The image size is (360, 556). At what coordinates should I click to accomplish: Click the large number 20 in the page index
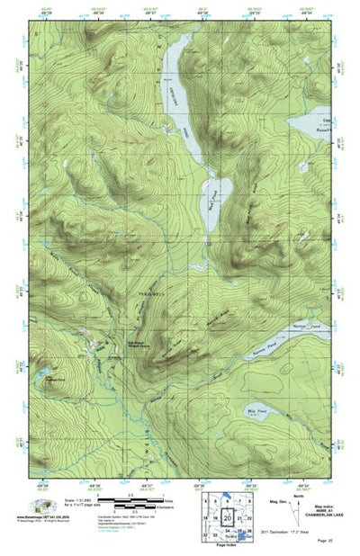click(229, 518)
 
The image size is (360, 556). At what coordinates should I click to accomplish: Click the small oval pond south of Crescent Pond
click(219, 192)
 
